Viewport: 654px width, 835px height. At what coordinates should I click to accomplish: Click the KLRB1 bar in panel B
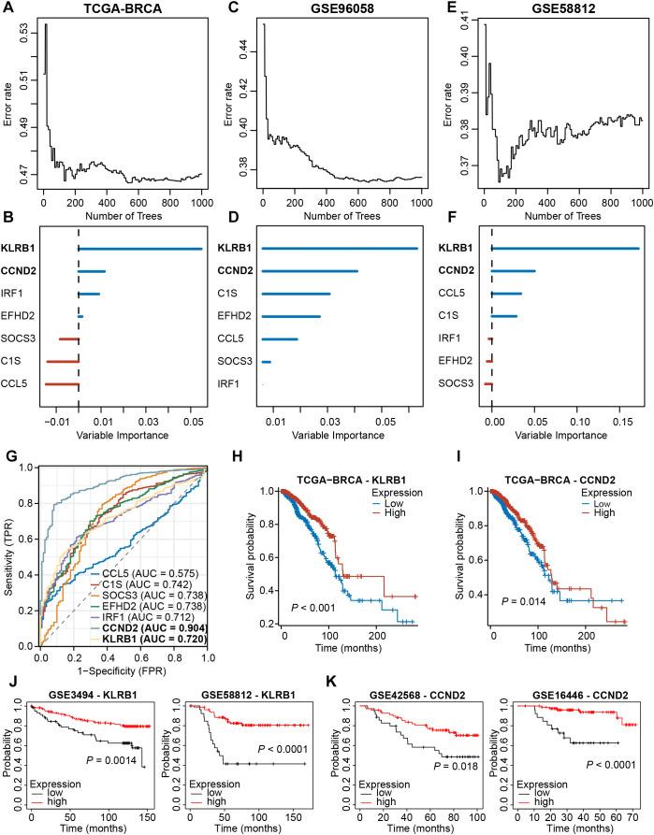(140, 248)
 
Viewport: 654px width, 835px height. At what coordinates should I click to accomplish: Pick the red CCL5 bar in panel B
(61, 383)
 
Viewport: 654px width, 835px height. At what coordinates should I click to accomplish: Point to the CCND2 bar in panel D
(310, 270)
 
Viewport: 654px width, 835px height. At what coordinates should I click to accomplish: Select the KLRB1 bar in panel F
(565, 248)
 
